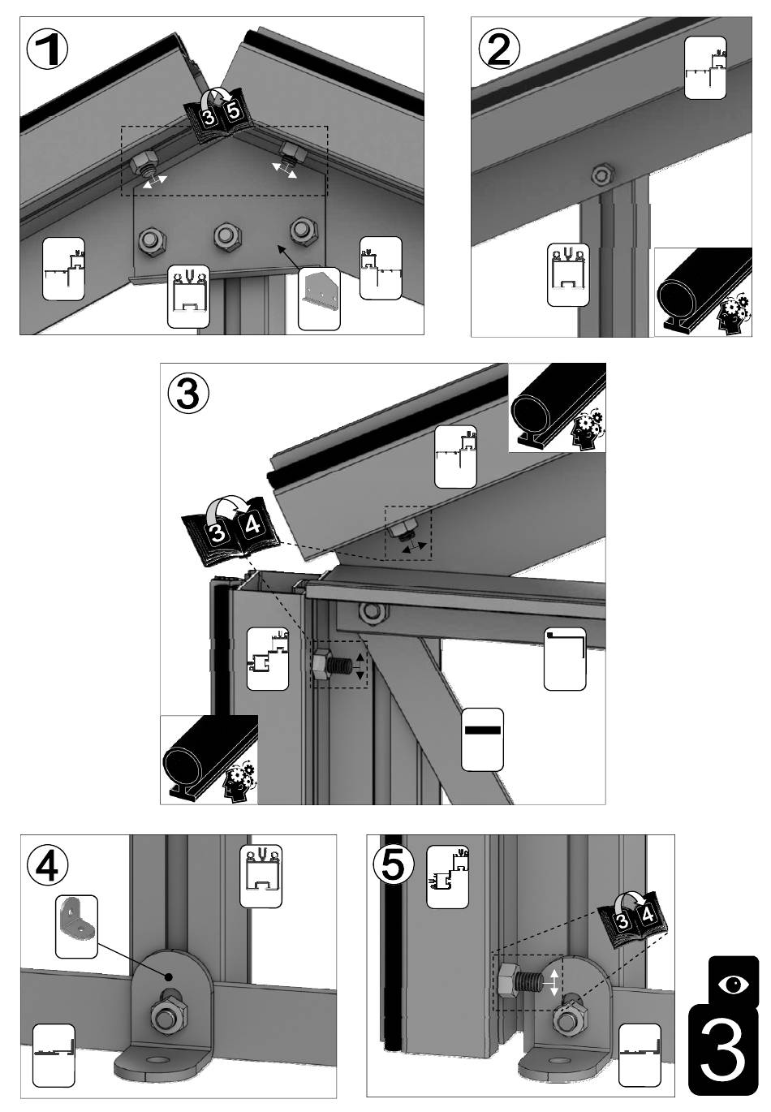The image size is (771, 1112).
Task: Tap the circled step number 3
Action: pyautogui.click(x=188, y=394)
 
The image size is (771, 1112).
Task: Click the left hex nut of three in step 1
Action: pyautogui.click(x=151, y=239)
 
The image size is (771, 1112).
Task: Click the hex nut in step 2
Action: pyautogui.click(x=601, y=174)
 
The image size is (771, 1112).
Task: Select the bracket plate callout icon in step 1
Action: pyautogui.click(x=318, y=297)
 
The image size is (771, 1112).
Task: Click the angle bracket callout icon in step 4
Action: pyautogui.click(x=76, y=925)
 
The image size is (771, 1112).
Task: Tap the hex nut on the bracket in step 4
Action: pyautogui.click(x=167, y=1015)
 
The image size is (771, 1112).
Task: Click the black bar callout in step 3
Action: pyautogui.click(x=482, y=739)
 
